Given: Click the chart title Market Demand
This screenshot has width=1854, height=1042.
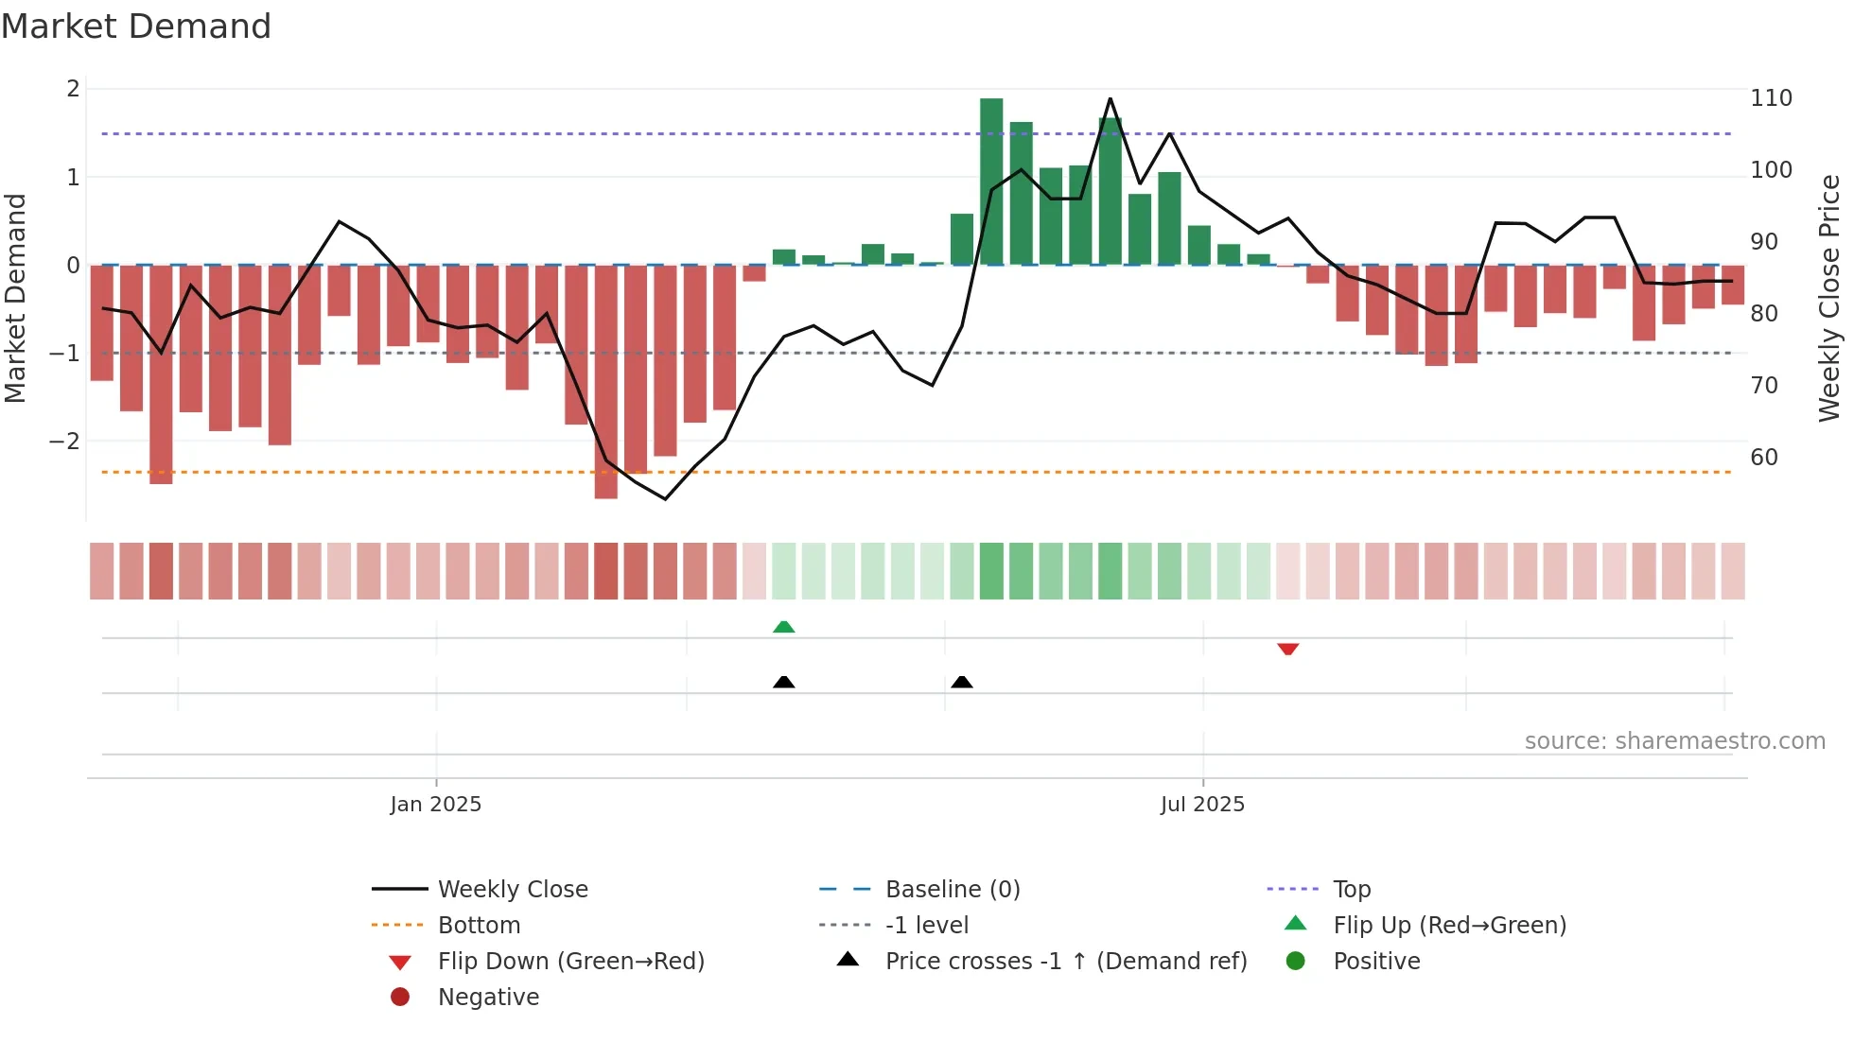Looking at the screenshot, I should [x=136, y=26].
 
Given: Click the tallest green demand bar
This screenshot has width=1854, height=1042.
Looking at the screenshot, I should [x=991, y=180].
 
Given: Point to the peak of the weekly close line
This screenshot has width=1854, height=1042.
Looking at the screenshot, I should [x=1110, y=98].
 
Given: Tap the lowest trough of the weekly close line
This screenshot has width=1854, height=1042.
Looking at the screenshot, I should [x=665, y=498].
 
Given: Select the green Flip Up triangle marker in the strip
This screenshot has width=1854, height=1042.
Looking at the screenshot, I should [x=783, y=627].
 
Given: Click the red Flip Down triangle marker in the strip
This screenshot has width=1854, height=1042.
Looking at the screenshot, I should [x=1287, y=649].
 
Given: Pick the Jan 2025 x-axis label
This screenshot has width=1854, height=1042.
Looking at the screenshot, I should [x=435, y=805].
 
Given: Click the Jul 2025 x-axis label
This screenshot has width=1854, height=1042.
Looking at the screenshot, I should [x=1202, y=805].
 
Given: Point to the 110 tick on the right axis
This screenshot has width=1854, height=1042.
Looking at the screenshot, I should [x=1771, y=98].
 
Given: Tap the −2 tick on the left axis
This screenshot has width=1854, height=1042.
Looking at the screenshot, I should [x=64, y=442].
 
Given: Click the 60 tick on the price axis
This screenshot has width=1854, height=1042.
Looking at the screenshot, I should [x=1764, y=458].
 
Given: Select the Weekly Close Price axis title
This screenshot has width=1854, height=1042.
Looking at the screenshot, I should [x=1829, y=298].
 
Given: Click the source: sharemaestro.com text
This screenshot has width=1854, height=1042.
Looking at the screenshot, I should [x=1674, y=741].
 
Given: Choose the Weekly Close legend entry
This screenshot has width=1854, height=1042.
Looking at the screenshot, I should [x=512, y=890].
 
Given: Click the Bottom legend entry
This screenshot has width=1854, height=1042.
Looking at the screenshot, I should [x=479, y=926].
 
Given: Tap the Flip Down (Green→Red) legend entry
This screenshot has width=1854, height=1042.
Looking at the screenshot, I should [x=570, y=962].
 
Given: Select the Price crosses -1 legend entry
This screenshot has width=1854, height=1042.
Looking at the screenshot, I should [x=1065, y=962].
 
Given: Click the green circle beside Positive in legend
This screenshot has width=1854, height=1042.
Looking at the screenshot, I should [x=1296, y=962].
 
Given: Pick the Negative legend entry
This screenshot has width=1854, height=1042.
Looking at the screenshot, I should [x=488, y=998].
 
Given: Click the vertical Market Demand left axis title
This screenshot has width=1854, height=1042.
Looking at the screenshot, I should [x=15, y=298].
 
